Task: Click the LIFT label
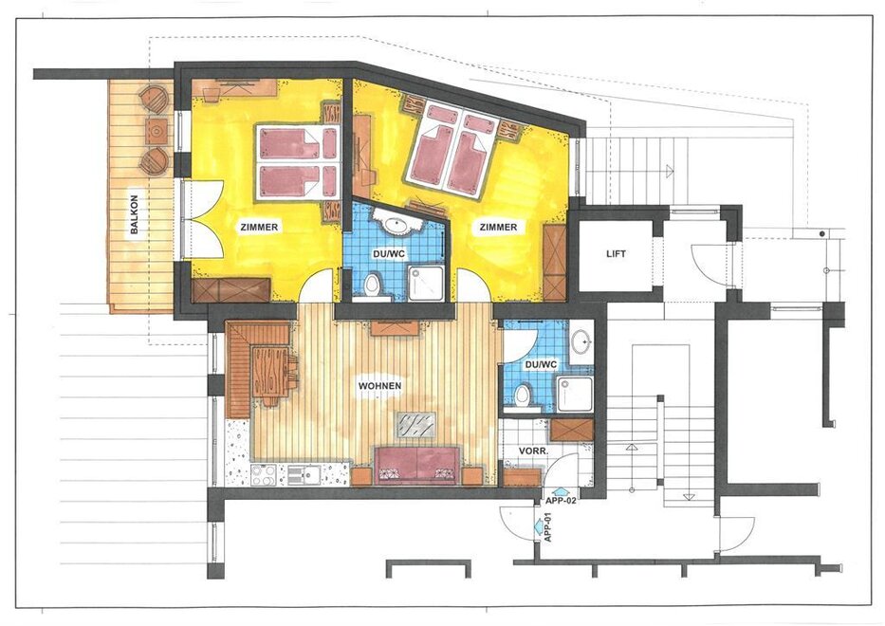pos(616,254)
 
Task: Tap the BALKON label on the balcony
pos(135,214)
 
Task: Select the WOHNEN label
pos(379,385)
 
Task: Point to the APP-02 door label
pos(562,500)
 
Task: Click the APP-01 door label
pos(547,527)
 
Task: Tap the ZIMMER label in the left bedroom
pos(259,227)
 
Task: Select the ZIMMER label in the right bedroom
pos(498,227)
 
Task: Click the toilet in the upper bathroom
pos(372,284)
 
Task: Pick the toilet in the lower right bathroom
pos(522,395)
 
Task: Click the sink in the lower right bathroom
pos(581,341)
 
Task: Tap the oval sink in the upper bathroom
pos(397,225)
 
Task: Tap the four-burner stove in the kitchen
pos(263,474)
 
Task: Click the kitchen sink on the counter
pos(304,475)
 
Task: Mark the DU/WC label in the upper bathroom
pos(389,254)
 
